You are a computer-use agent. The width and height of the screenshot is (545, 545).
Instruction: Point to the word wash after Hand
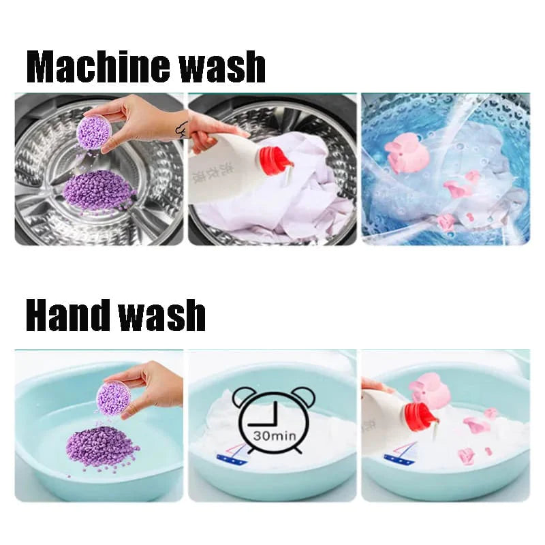(x=163, y=315)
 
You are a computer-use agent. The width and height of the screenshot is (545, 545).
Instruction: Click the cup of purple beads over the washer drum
(x=93, y=131)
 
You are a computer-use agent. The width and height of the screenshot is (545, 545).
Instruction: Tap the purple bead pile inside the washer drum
(x=99, y=190)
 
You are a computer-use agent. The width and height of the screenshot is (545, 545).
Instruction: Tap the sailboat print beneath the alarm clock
(x=232, y=454)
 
